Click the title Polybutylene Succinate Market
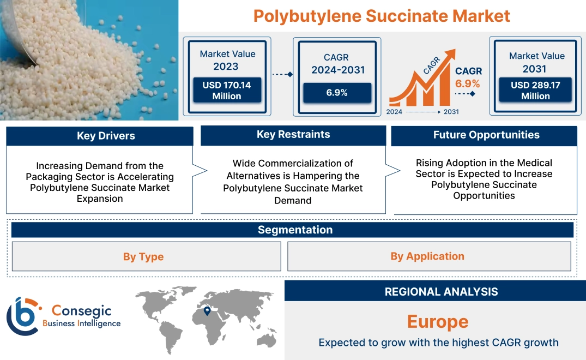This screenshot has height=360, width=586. tap(382, 16)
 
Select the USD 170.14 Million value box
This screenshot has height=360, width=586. tap(226, 91)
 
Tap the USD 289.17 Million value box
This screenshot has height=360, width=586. tap(535, 91)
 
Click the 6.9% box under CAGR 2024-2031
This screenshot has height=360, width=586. tap(337, 93)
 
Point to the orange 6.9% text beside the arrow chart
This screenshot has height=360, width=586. tap(468, 83)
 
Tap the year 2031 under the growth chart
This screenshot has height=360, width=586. tap(451, 112)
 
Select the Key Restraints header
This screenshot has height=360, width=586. tap(293, 135)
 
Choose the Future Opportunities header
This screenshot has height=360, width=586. tap(486, 135)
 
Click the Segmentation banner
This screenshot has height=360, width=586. tap(295, 230)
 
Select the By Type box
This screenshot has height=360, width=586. tap(143, 256)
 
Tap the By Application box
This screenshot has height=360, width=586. tap(427, 256)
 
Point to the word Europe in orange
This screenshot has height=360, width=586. tap(438, 321)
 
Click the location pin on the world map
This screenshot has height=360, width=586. tap(207, 311)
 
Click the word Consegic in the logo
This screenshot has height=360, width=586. tap(82, 310)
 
